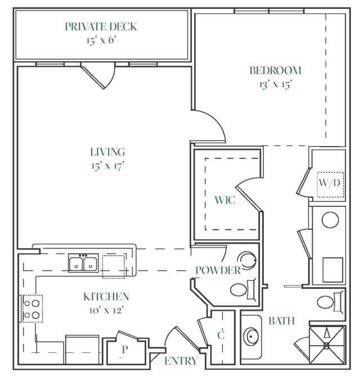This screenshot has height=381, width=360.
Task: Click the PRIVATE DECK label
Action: click(101, 26)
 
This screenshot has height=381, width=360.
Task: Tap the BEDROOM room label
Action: click(276, 70)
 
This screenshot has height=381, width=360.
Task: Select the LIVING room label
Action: click(107, 152)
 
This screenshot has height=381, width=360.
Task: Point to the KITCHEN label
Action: click(106, 297)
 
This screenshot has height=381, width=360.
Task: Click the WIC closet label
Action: click(225, 200)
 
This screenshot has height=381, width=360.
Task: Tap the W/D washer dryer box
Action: click(330, 185)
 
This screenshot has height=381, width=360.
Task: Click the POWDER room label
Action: click(218, 270)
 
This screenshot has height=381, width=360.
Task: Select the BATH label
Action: click(281, 321)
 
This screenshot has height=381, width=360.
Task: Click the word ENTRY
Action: click(181, 361)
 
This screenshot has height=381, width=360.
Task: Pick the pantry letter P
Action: click(125, 350)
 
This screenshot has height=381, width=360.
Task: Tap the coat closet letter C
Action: click(220, 335)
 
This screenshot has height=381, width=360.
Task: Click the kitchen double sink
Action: click(83, 263)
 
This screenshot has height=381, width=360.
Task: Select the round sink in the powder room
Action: click(247, 261)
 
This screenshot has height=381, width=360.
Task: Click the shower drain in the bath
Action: click(326, 346)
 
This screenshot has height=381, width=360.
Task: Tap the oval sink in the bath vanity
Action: click(251, 337)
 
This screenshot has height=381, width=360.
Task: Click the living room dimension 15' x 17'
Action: click(107, 166)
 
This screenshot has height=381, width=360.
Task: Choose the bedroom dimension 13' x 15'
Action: click(276, 84)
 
